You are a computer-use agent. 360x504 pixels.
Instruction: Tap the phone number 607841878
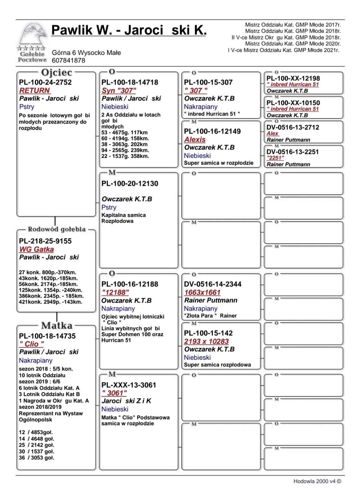pyautogui.click(x=68, y=61)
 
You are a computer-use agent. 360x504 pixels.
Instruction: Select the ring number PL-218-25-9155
pyautogui.click(x=45, y=241)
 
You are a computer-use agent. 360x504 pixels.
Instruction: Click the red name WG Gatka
pyautogui.click(x=37, y=249)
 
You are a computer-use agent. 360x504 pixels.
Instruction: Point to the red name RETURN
pyautogui.click(x=35, y=91)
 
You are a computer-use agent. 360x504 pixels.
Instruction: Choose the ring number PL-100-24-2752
pyautogui.click(x=45, y=82)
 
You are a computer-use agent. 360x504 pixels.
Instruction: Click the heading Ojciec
pyautogui.click(x=56, y=73)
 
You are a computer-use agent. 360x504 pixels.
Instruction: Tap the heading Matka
pyautogui.click(x=57, y=325)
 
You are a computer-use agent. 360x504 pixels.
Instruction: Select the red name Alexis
pyautogui.click(x=195, y=139)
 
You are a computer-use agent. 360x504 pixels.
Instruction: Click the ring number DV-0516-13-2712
pyautogui.click(x=293, y=127)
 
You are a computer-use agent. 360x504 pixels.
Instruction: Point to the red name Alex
pyautogui.click(x=272, y=133)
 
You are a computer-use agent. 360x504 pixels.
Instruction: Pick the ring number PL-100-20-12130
pyautogui.click(x=130, y=184)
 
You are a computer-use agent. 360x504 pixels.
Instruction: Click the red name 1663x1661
pyautogui.click(x=202, y=292)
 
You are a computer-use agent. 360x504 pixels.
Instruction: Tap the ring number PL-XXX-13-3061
pyautogui.click(x=129, y=385)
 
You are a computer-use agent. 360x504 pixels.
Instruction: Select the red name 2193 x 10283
pyautogui.click(x=206, y=341)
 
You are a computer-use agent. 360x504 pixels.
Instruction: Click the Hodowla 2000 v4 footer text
pyautogui.click(x=317, y=481)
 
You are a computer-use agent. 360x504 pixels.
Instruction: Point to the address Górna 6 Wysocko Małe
pyautogui.click(x=86, y=53)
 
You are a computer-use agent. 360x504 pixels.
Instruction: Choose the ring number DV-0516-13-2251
pyautogui.click(x=292, y=152)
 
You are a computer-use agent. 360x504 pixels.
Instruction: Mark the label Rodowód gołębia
pyautogui.click(x=57, y=229)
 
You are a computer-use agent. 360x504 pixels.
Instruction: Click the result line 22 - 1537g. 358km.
pyautogui.click(x=125, y=156)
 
